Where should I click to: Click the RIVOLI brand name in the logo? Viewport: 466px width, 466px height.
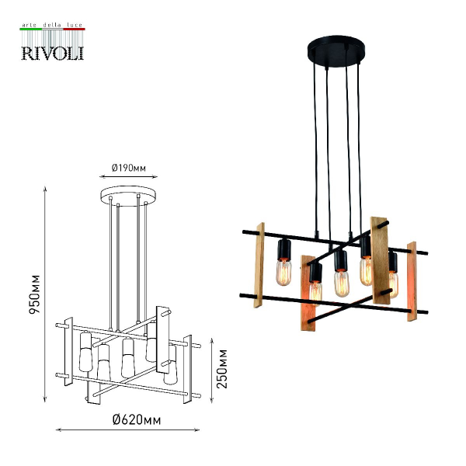(x=53, y=53)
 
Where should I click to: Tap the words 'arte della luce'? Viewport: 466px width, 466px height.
(x=52, y=25)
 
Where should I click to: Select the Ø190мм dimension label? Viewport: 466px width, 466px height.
(x=129, y=168)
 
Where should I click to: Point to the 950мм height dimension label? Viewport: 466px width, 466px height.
(x=34, y=294)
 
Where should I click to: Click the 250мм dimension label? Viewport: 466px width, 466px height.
(x=221, y=369)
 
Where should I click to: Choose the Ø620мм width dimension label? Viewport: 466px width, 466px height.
(x=137, y=420)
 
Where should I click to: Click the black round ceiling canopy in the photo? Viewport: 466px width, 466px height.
(x=336, y=52)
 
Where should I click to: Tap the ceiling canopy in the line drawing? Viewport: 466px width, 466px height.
(x=129, y=196)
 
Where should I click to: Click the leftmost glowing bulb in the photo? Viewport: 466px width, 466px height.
(x=283, y=272)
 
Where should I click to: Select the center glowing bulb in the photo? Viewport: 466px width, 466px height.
(x=342, y=283)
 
